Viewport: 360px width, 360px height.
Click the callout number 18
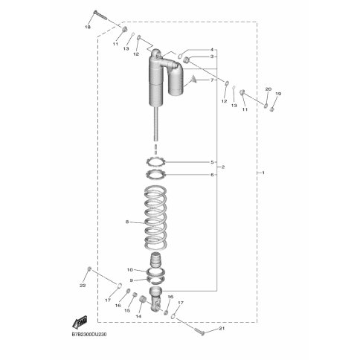click(x=88, y=28)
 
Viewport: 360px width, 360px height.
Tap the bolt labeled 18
click(x=100, y=15)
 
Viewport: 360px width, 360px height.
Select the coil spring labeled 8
click(x=155, y=218)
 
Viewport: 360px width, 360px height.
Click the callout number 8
click(x=127, y=222)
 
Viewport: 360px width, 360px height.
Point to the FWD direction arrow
click(x=80, y=322)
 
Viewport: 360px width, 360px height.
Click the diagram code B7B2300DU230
click(x=89, y=335)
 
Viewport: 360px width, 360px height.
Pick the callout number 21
click(x=222, y=329)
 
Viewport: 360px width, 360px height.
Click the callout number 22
click(x=83, y=286)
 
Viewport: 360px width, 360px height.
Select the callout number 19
click(x=278, y=94)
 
